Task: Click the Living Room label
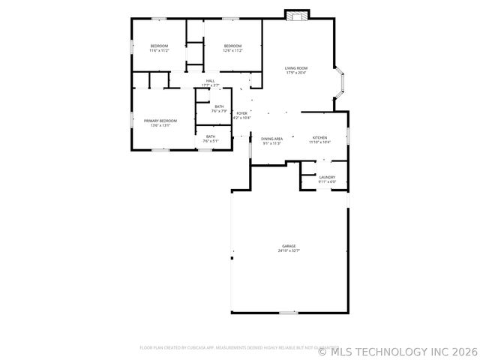tap(296, 68)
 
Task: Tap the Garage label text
tap(289, 246)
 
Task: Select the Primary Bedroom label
tap(160, 121)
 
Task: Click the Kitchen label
tap(320, 138)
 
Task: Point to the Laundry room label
tap(327, 177)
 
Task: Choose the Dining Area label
tap(271, 139)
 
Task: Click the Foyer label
tap(241, 113)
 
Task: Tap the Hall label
tap(211, 81)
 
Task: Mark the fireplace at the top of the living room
tap(297, 15)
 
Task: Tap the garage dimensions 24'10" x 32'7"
tap(289, 251)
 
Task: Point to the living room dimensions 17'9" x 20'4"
tap(296, 73)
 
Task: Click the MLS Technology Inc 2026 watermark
tap(398, 349)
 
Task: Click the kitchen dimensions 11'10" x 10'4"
tap(320, 142)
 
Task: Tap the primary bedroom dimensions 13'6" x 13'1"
tap(160, 125)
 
